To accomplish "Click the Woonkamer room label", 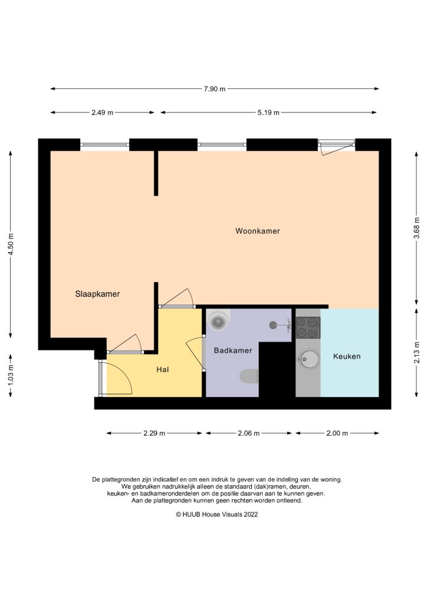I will pyautogui.click(x=257, y=231).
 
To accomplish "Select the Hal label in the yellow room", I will pyautogui.click(x=163, y=370).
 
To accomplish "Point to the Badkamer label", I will pyautogui.click(x=233, y=350).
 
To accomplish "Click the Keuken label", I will pyautogui.click(x=347, y=356).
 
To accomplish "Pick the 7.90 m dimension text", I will pyautogui.click(x=214, y=89).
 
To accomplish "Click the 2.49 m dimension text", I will pyautogui.click(x=102, y=112).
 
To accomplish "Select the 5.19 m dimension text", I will pyautogui.click(x=268, y=112).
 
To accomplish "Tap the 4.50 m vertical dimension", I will pyautogui.click(x=11, y=244).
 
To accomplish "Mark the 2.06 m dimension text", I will pyautogui.click(x=248, y=433).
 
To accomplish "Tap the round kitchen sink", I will pyautogui.click(x=308, y=358).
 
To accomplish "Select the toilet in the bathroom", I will pyautogui.click(x=249, y=376).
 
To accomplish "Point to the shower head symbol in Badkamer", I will pyautogui.click(x=274, y=324).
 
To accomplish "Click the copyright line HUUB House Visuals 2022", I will pyautogui.click(x=216, y=514).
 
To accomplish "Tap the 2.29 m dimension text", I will pyautogui.click(x=155, y=433).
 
